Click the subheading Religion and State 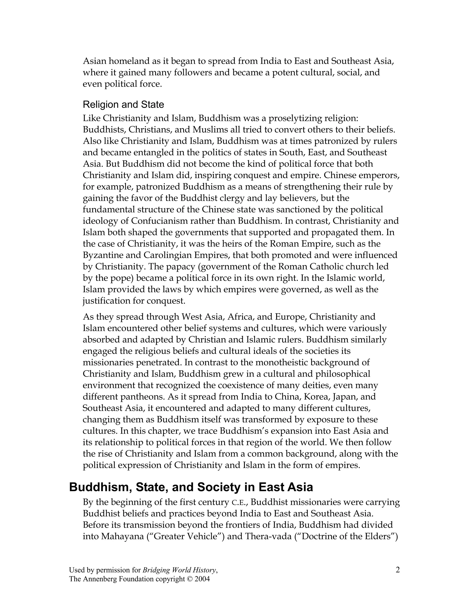pyautogui.click(x=123, y=105)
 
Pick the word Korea pyautogui.click(x=316, y=397)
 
